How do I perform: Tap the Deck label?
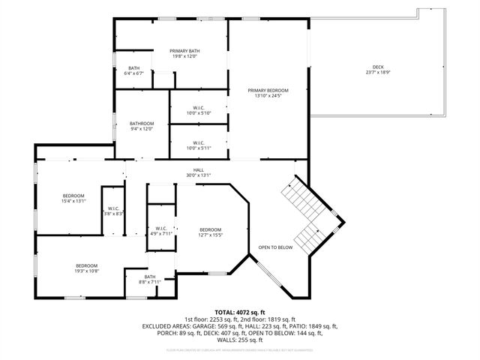pyautogui.click(x=378, y=70)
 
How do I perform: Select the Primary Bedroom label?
pyautogui.click(x=268, y=93)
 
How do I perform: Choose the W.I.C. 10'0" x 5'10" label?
pyautogui.click(x=199, y=110)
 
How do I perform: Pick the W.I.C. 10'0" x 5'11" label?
pyautogui.click(x=199, y=145)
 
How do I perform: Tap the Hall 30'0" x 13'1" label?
pyautogui.click(x=199, y=172)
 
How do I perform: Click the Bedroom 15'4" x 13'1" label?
pyautogui.click(x=73, y=198)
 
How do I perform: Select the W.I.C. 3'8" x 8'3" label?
pyautogui.click(x=113, y=211)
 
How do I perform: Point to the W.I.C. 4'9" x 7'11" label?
pyautogui.click(x=161, y=231)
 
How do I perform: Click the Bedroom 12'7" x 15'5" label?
pyautogui.click(x=210, y=232)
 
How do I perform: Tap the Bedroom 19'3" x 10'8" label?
pyautogui.click(x=86, y=268)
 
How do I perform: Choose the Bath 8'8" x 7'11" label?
pyautogui.click(x=150, y=280)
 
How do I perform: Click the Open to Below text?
pyautogui.click(x=275, y=247)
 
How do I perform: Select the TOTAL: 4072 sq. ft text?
pyautogui.click(x=240, y=312)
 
